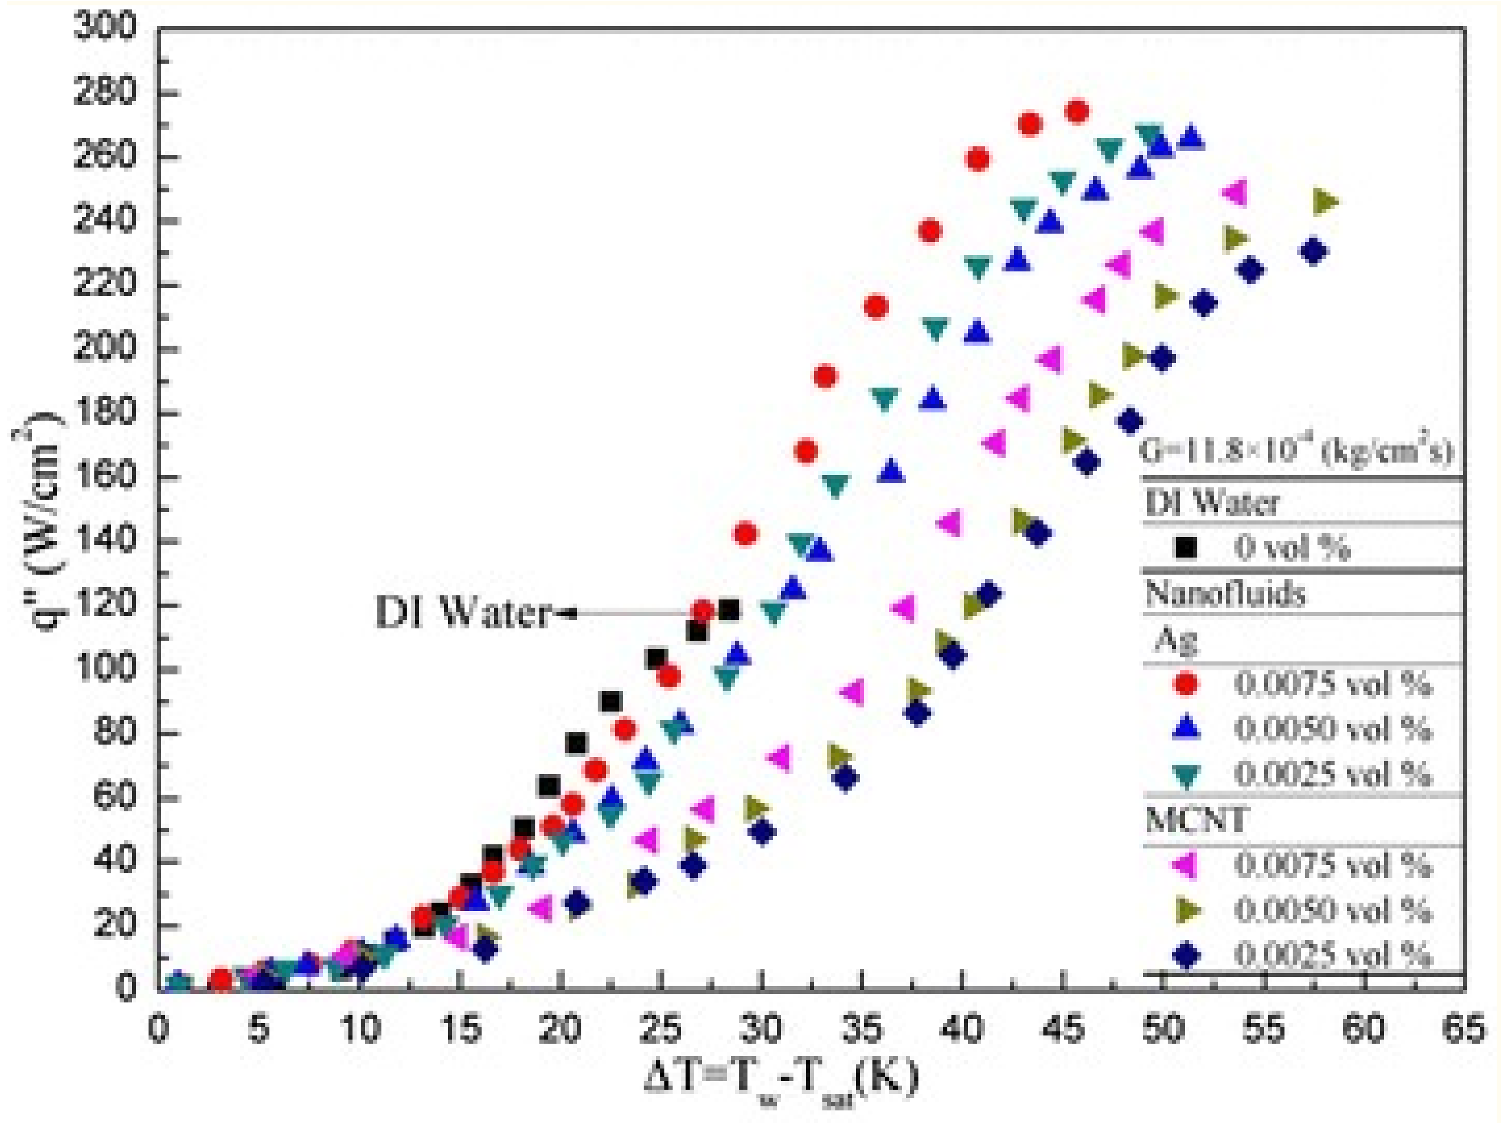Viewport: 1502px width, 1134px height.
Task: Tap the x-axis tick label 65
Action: coord(1464,1030)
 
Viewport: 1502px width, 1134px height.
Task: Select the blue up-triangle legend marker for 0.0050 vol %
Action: coord(1186,729)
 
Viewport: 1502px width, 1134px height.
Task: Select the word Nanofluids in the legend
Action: coord(1225,594)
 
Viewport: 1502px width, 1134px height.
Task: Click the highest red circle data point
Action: coord(1077,112)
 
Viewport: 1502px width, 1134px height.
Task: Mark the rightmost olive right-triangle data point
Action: coord(1325,201)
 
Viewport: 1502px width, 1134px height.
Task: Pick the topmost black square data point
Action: coord(729,609)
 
